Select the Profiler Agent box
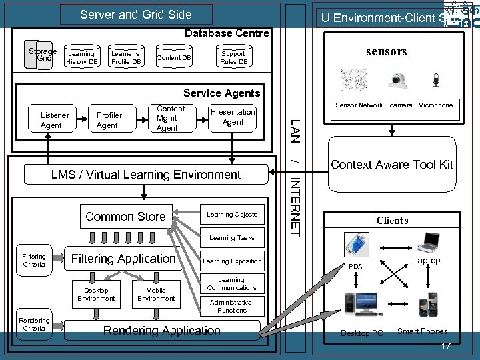107,120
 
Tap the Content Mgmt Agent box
171,119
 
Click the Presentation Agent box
233,117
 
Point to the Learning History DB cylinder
82,58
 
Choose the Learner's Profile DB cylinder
126,58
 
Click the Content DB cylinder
173,58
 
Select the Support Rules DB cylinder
233,58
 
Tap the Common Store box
126,217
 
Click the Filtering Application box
124,259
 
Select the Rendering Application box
162,331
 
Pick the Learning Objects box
231,215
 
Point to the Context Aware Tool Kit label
392,165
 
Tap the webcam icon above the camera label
400,81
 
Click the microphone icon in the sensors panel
436,81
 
